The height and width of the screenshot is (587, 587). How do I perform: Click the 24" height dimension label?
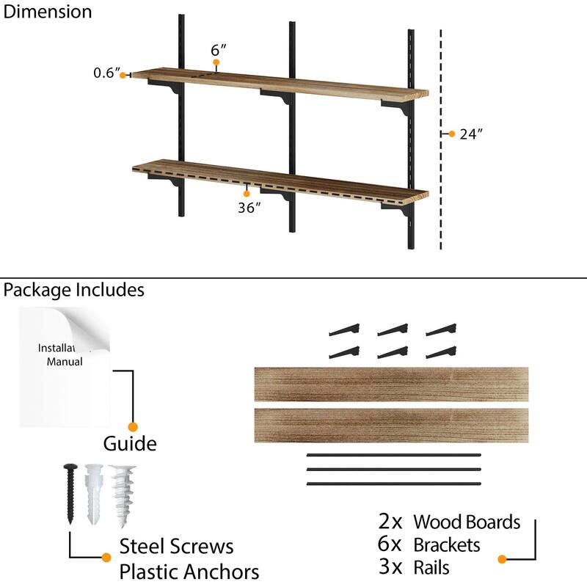point(471,134)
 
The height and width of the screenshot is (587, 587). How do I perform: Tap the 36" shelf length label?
point(249,208)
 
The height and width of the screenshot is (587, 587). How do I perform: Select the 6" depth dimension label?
point(218,50)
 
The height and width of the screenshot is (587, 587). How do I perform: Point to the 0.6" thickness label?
point(106,73)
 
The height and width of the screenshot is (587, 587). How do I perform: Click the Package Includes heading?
point(73,290)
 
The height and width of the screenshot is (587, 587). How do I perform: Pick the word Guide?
point(129,443)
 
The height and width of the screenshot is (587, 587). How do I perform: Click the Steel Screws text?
point(176,547)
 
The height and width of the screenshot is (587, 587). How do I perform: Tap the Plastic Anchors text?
point(189,572)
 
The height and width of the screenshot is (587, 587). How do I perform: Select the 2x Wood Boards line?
point(449,522)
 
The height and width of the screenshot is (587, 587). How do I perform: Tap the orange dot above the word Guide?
point(133,426)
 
